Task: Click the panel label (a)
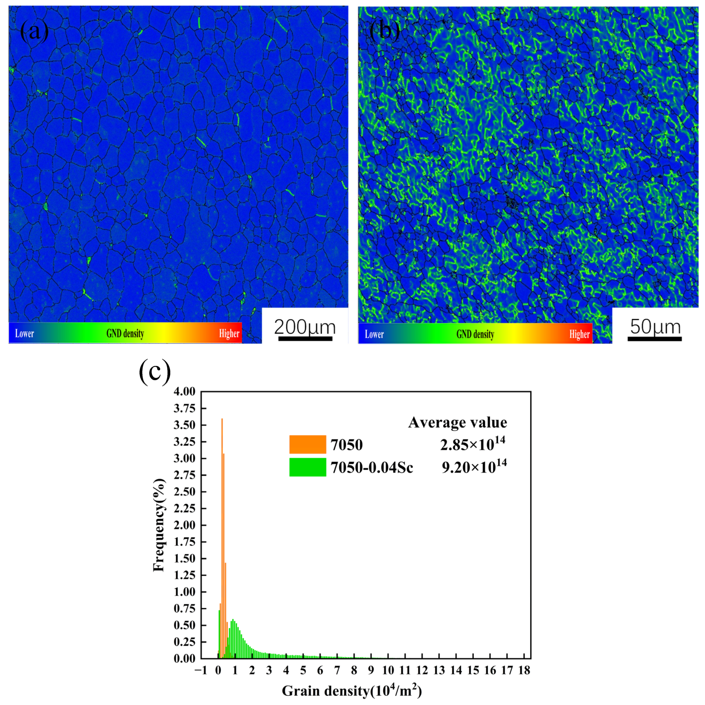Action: pyautogui.click(x=35, y=31)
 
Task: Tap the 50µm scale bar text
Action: pyautogui.click(x=655, y=327)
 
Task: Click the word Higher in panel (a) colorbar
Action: pyautogui.click(x=229, y=333)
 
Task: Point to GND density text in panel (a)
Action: pyautogui.click(x=125, y=333)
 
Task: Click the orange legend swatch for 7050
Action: pyautogui.click(x=307, y=444)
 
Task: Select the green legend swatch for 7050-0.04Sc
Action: pyautogui.click(x=307, y=467)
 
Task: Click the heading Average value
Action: pyautogui.click(x=457, y=422)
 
